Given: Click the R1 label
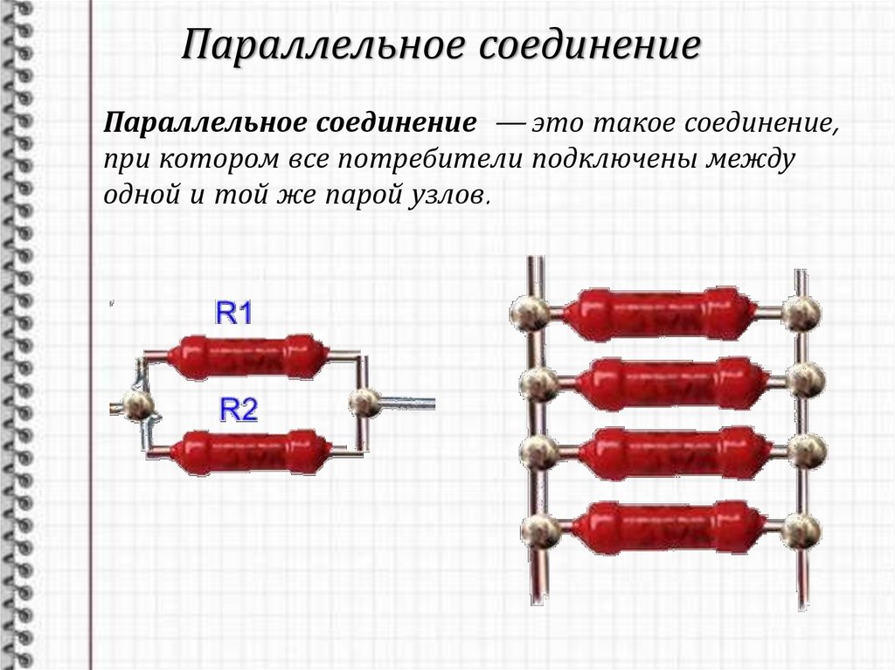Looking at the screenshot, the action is [x=234, y=314].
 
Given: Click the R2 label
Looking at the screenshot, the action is [x=239, y=410].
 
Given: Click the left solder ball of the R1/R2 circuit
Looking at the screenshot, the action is [x=138, y=404].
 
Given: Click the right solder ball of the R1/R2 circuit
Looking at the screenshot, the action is [x=364, y=403].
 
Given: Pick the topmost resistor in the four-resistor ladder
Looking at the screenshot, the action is [x=657, y=313].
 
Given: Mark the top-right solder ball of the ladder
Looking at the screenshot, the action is [x=801, y=313].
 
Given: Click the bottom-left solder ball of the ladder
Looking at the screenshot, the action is [x=540, y=531].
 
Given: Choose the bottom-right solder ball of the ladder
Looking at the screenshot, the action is [x=801, y=530].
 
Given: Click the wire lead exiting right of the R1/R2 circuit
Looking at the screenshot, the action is [x=407, y=403].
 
